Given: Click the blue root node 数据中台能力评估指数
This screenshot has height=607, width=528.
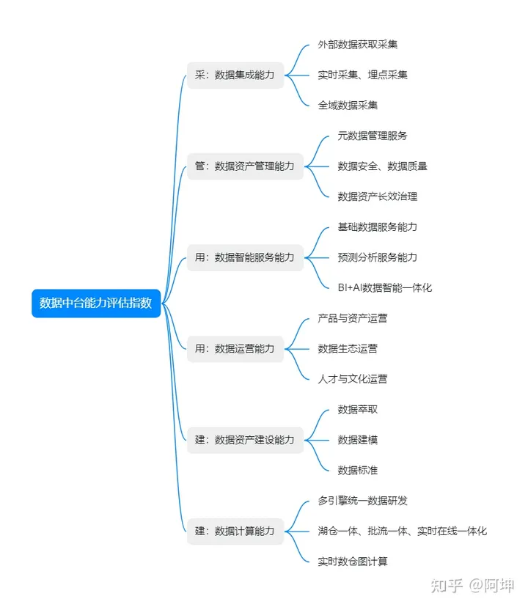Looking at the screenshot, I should pos(96,303).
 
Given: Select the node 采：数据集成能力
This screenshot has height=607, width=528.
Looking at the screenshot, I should pos(235,75).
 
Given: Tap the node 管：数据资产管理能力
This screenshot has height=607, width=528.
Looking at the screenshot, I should pos(245,166).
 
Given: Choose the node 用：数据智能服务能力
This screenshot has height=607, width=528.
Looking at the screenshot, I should pos(245,257).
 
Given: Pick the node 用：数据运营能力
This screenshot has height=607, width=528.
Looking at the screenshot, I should pos(235,348).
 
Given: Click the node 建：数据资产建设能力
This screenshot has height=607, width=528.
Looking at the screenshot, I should pos(245,440).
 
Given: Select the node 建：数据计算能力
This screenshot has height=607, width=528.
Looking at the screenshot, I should pos(235,531).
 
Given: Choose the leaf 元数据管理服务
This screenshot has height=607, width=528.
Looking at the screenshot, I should pos(373,136).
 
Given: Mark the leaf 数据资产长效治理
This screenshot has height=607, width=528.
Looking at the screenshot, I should pos(378,196).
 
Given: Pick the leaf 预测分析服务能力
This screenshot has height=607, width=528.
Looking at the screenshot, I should pos(378,257).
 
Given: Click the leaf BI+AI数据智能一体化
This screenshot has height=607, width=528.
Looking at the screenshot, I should pos(385,287).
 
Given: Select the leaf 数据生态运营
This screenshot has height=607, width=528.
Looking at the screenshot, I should pos(348,348).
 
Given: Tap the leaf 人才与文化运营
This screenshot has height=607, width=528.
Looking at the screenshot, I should pos(353,379).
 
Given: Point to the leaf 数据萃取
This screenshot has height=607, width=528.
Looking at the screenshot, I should pos(358,409).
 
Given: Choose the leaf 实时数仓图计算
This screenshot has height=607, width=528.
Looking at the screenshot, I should pos(353,562).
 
